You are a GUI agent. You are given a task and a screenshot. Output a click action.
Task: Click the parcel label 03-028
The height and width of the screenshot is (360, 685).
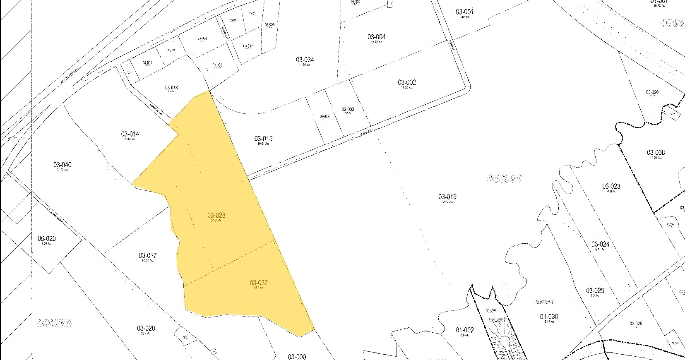[216, 215]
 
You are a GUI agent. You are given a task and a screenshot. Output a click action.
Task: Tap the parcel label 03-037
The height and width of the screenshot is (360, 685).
[259, 283]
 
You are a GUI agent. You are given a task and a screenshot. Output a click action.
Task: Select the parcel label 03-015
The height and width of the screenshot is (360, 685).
[264, 139]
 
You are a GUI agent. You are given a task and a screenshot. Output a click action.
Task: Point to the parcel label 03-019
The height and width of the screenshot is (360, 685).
[447, 197]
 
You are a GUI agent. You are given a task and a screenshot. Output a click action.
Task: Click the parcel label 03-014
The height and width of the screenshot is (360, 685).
[130, 134]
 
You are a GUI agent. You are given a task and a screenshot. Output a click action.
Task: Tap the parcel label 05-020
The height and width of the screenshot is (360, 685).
[47, 239]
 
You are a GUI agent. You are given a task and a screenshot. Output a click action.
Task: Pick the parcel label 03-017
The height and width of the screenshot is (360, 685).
[147, 256]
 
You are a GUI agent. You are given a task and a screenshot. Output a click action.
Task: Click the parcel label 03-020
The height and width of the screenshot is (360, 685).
[146, 328]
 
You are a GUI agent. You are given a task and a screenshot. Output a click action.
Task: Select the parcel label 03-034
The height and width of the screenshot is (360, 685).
[305, 60]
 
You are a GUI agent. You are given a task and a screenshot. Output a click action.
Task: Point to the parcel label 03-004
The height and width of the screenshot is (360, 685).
[376, 37]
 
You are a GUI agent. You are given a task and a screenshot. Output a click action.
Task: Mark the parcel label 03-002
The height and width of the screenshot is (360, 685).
[407, 82]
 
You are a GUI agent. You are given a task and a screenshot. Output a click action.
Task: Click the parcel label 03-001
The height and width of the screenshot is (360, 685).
[465, 12]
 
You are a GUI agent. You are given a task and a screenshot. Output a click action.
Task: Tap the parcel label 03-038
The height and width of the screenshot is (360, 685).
[656, 153]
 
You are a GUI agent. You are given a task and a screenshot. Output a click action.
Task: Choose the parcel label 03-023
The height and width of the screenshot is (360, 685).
[611, 186]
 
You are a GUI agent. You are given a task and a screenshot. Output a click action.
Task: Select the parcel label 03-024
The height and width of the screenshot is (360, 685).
[600, 244]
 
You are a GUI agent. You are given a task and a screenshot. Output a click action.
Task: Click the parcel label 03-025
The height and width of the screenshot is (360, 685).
[595, 290]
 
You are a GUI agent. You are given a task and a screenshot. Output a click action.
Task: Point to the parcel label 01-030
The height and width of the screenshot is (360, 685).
[549, 317]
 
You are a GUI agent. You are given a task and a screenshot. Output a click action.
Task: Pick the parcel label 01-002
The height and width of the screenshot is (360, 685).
[465, 330]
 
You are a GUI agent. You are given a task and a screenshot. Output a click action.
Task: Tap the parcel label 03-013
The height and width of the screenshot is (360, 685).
[171, 88]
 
